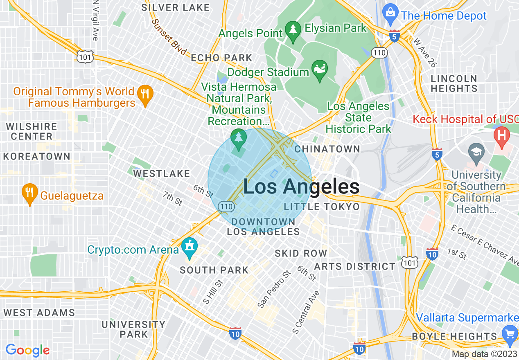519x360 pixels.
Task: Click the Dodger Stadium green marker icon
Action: pos(319,68)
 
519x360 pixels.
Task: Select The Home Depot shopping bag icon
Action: pos(391,11)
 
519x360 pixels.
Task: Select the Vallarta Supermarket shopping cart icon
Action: pos(510,333)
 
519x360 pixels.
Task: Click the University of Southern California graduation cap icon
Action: pos(476,152)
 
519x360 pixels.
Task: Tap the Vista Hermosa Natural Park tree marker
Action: pos(238,138)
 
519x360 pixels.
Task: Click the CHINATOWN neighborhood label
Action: pos(327,149)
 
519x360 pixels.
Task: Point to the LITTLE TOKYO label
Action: pos(322,207)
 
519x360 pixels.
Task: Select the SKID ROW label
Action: pos(301,254)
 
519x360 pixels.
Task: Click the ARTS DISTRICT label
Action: pos(354,267)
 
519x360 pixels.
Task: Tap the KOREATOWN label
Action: pos(37,157)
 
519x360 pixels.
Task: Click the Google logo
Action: pos(27,350)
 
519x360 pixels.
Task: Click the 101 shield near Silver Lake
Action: pos(85,57)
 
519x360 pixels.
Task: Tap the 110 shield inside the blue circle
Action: pos(226,207)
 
